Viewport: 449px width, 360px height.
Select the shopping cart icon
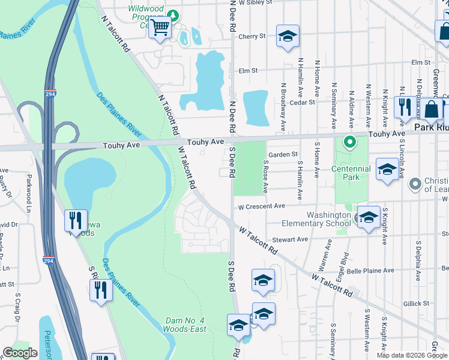[x=160, y=27]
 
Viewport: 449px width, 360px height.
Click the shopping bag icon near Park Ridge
[x=432, y=109]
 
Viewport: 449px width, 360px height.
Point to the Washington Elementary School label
[x=329, y=219]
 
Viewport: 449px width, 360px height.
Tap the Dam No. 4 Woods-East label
[x=185, y=325]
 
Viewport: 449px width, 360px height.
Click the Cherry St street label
[x=252, y=37]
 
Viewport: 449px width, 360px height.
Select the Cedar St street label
[x=302, y=103]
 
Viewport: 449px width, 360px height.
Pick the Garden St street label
[x=283, y=154]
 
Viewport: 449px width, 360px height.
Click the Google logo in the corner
[x=20, y=353]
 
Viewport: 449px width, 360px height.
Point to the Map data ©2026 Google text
[x=411, y=355]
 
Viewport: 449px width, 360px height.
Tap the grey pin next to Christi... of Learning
[x=414, y=183]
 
